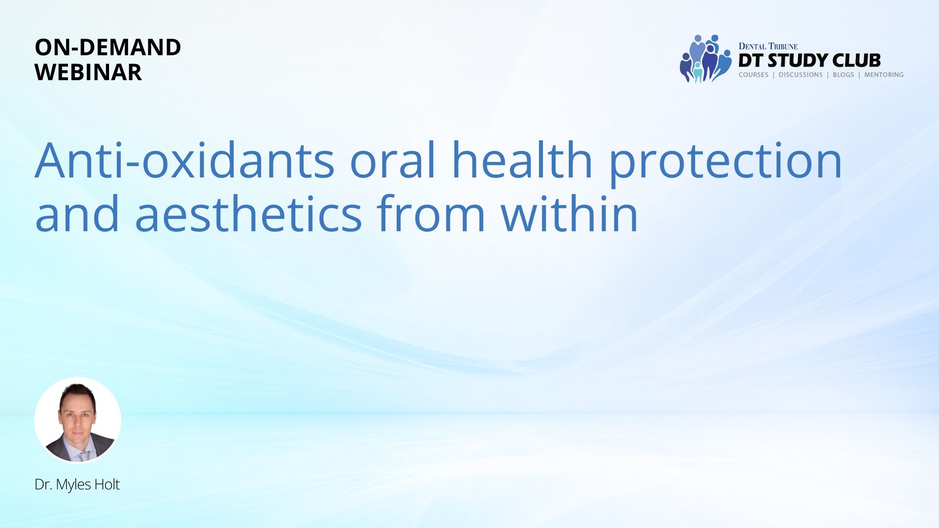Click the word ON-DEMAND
click(x=108, y=47)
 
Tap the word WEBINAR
click(x=88, y=72)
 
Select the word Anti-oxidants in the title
click(x=185, y=160)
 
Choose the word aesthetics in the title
click(x=248, y=213)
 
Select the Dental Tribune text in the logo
click(x=768, y=46)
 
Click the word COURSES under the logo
click(x=754, y=75)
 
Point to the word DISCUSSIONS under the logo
click(x=801, y=75)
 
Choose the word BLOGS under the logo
click(x=844, y=75)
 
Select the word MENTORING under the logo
click(x=884, y=75)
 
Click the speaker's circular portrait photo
click(x=78, y=420)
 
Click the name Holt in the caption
click(x=107, y=484)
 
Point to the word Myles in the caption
click(x=73, y=485)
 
